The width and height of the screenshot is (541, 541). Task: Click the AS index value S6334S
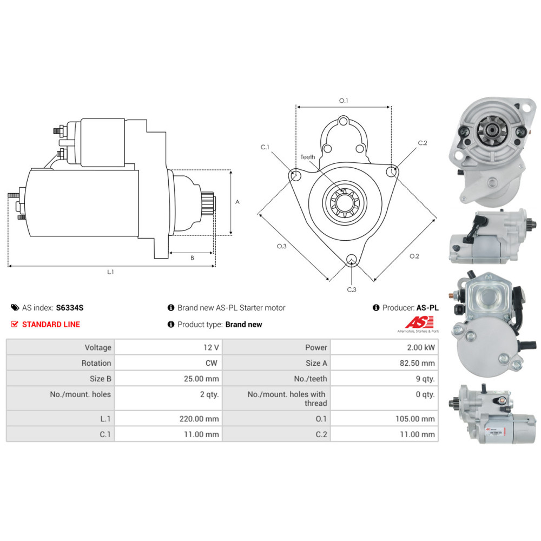(x=70, y=308)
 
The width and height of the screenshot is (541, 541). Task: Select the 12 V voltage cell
(x=168, y=347)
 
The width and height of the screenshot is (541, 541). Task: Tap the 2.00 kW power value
(x=420, y=347)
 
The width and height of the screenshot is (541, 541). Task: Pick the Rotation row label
(x=96, y=363)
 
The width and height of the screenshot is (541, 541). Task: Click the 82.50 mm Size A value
(x=417, y=363)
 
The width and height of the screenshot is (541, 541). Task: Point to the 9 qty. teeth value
(x=425, y=379)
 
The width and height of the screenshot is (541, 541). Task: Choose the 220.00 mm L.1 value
(x=199, y=419)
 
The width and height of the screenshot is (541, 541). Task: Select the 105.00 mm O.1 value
(x=415, y=419)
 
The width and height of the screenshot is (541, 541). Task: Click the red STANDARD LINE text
(x=51, y=324)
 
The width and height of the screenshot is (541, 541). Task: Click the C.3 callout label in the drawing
(x=352, y=289)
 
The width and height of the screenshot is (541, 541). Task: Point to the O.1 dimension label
(x=344, y=101)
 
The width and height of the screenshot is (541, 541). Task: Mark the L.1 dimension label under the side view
(x=110, y=272)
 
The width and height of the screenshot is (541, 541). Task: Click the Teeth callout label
(x=308, y=157)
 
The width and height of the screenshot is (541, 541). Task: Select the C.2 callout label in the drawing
(x=423, y=143)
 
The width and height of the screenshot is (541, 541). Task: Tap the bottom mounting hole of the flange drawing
(x=352, y=260)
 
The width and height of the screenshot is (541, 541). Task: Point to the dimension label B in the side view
(x=192, y=258)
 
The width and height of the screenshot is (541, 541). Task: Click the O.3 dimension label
(x=281, y=246)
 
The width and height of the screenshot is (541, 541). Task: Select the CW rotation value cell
(x=168, y=363)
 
